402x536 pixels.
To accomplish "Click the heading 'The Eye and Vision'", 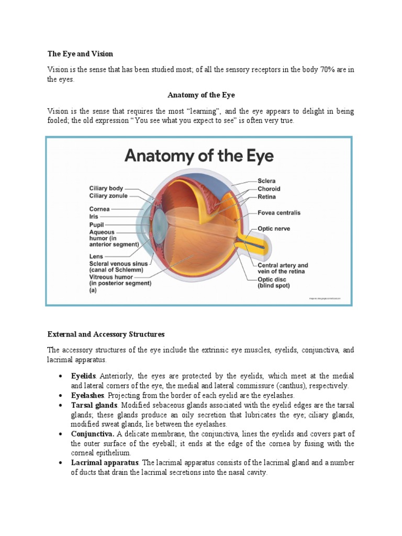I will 80,54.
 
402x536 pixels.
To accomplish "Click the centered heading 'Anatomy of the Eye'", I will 201,95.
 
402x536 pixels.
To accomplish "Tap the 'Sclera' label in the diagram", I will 266,181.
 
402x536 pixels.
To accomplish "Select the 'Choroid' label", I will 269,189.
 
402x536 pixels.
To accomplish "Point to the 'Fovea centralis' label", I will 279,213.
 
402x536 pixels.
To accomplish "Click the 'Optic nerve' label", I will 274,229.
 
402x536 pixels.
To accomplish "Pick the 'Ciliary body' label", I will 106,188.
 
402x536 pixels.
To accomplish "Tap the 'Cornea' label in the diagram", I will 99,209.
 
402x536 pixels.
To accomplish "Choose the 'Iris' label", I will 94,216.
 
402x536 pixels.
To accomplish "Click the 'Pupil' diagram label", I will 96,224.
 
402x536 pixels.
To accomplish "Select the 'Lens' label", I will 96,256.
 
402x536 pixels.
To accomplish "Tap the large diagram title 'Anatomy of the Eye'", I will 198,156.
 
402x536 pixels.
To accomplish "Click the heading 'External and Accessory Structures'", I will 106,334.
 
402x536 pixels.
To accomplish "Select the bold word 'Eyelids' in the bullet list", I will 84,376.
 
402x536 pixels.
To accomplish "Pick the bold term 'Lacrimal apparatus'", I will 105,463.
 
